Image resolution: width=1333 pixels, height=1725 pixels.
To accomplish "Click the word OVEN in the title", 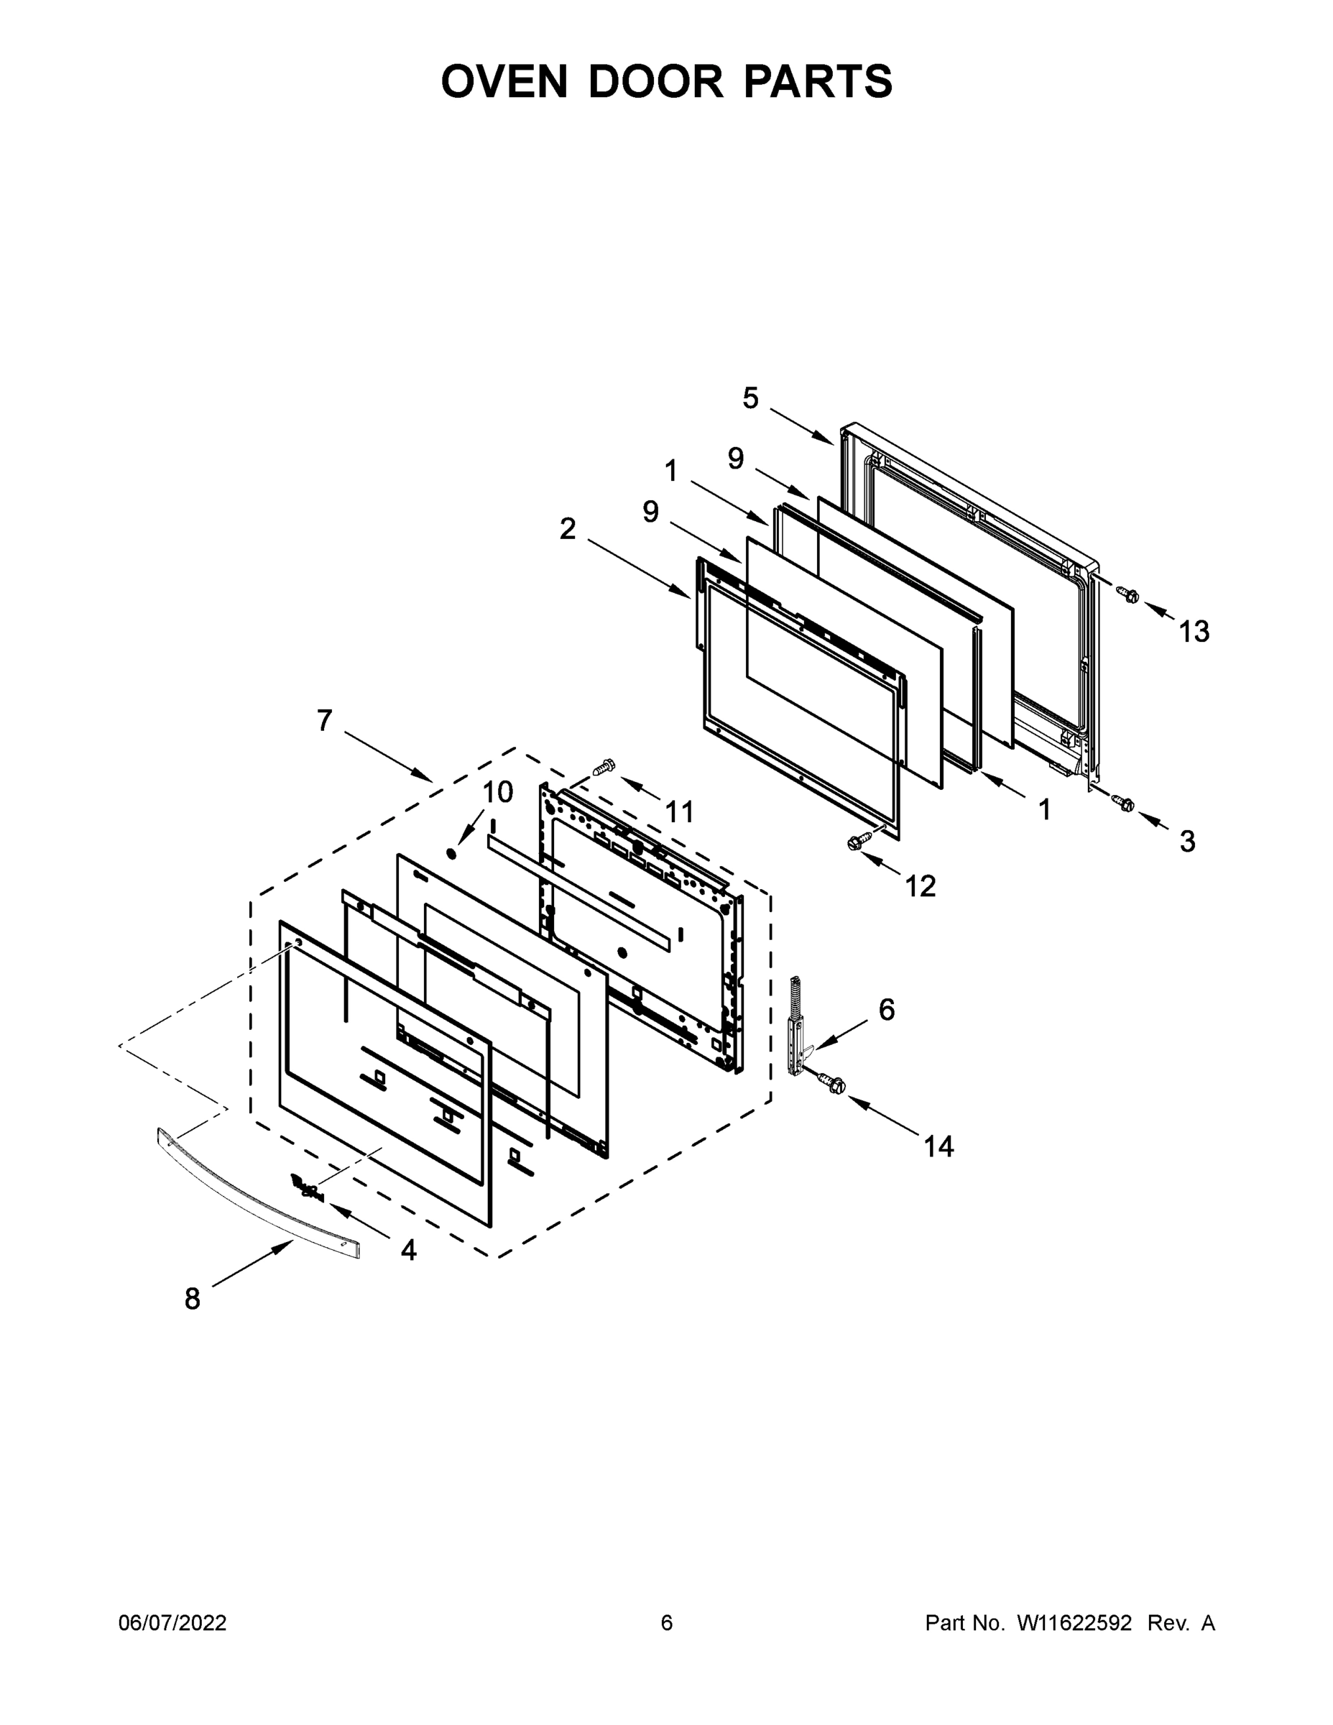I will tap(504, 81).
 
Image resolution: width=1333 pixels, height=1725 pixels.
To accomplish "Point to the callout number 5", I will tap(750, 399).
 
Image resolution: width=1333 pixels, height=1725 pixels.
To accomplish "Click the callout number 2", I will tap(567, 529).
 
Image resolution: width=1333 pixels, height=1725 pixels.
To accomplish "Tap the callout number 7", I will tap(325, 721).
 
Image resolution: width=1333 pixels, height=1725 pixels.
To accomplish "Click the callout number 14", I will tap(938, 1147).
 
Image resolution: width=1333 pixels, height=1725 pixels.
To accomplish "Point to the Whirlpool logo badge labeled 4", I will tap(308, 1187).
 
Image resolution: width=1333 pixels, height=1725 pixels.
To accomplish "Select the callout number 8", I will tap(192, 1299).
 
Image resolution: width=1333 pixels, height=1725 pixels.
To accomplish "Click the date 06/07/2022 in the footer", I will tap(172, 1622).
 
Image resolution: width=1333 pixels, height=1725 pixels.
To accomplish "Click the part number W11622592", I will tap(1074, 1622).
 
